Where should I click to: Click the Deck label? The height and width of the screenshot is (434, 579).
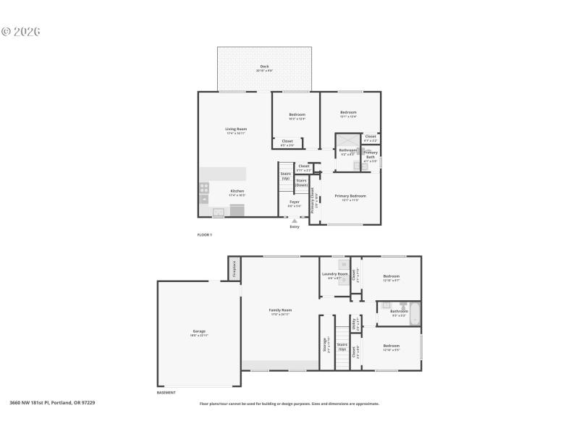(264, 67)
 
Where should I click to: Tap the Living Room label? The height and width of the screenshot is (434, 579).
(236, 129)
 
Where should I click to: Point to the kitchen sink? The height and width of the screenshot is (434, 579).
(218, 211)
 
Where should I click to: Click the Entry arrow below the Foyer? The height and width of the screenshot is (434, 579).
(295, 221)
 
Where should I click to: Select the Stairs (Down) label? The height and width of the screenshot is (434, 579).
(301, 182)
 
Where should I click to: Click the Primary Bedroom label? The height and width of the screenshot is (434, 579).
(350, 196)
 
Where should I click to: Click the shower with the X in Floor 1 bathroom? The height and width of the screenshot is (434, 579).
(347, 141)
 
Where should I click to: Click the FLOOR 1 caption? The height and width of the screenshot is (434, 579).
(205, 235)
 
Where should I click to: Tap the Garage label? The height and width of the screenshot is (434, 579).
(199, 331)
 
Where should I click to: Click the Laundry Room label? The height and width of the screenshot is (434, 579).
(334, 274)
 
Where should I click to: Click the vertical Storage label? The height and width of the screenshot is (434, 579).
(325, 346)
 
